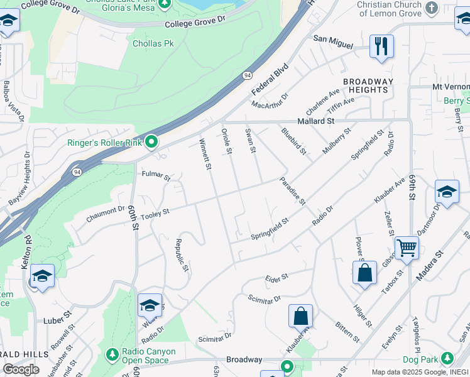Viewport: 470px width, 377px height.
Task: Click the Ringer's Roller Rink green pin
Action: coord(151,143)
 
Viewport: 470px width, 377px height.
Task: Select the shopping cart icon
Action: coord(407,249)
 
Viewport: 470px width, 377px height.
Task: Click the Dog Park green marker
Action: coord(447,358)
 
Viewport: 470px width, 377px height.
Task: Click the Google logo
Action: coord(21,369)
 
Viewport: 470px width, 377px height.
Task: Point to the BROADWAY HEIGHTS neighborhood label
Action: coord(368,85)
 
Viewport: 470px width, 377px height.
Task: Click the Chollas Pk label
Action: coord(153,43)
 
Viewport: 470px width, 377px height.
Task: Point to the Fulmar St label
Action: coord(156,176)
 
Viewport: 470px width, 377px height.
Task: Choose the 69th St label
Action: coord(412,187)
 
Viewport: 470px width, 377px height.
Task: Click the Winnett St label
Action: coord(204,155)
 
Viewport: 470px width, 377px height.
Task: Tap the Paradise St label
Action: coord(293,191)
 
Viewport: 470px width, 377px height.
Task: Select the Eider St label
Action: coord(276,276)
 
